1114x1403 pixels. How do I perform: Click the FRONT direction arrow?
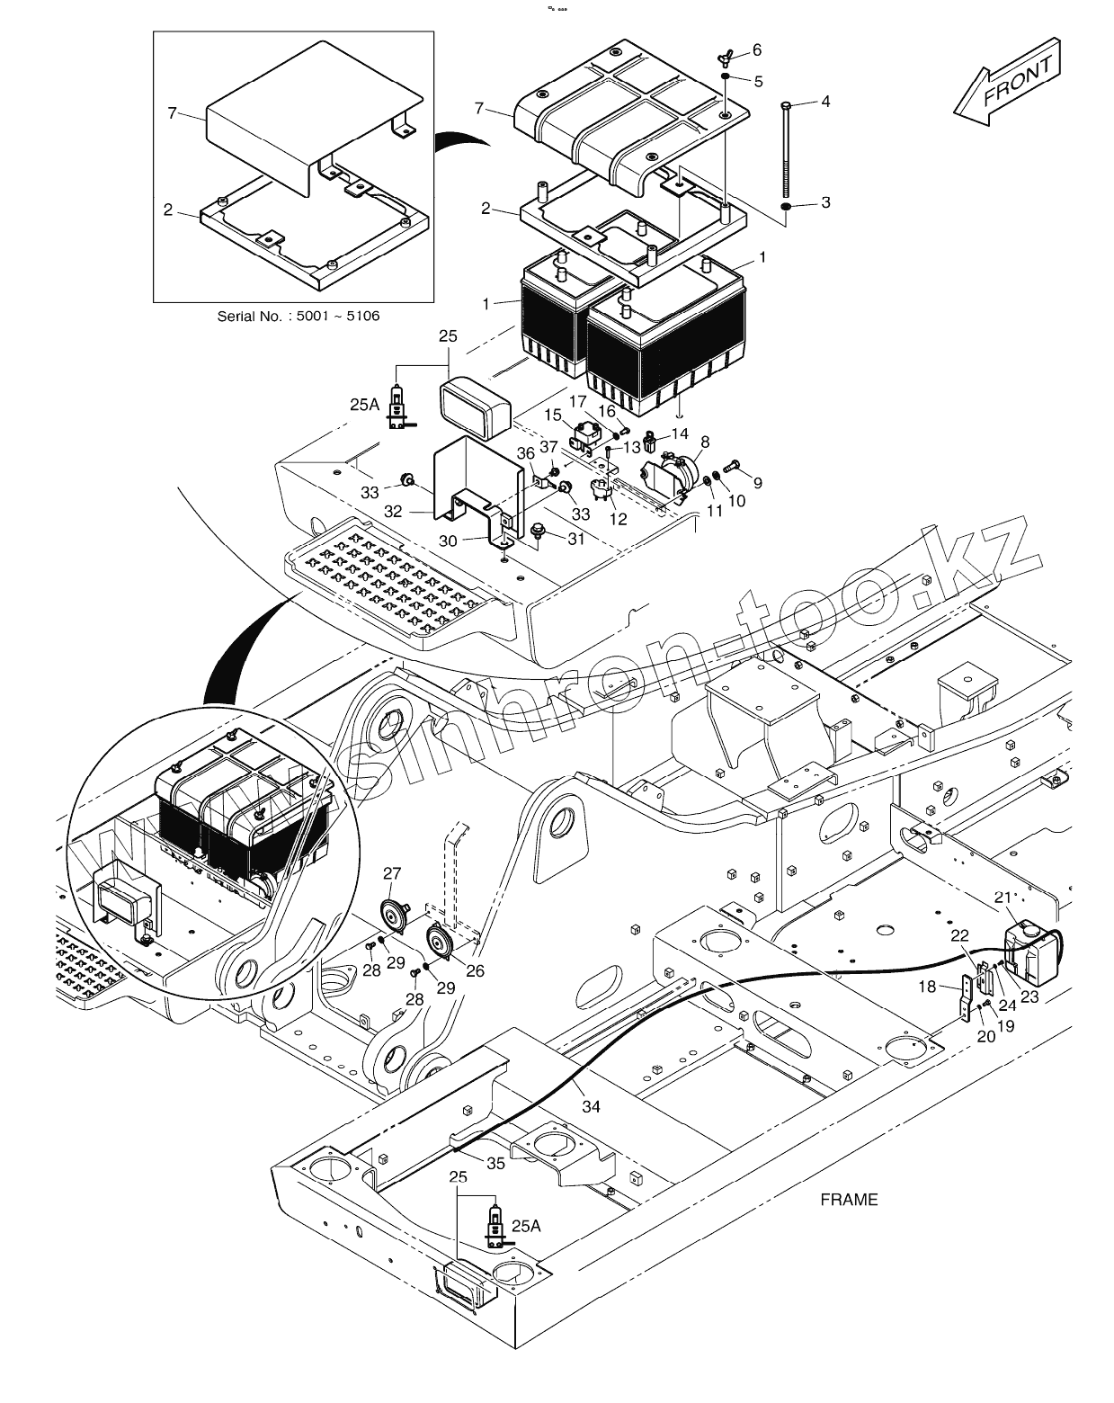click(x=1006, y=82)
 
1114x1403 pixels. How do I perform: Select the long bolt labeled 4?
click(x=787, y=149)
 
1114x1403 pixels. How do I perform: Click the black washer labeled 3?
click(x=786, y=208)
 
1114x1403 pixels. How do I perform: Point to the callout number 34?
click(x=591, y=1106)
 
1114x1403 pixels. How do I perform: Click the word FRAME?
click(x=849, y=1200)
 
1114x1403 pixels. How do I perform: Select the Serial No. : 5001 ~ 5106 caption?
click(x=298, y=317)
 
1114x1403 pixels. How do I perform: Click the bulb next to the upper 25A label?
click(x=397, y=407)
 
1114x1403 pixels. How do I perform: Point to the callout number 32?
click(x=392, y=512)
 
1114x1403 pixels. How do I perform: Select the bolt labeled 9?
click(x=733, y=465)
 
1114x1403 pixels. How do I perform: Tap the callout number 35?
click(x=495, y=1164)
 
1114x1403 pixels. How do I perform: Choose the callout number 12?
click(x=618, y=519)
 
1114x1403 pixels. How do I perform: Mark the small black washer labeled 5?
click(x=726, y=77)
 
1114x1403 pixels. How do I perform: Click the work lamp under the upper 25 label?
click(x=475, y=409)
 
